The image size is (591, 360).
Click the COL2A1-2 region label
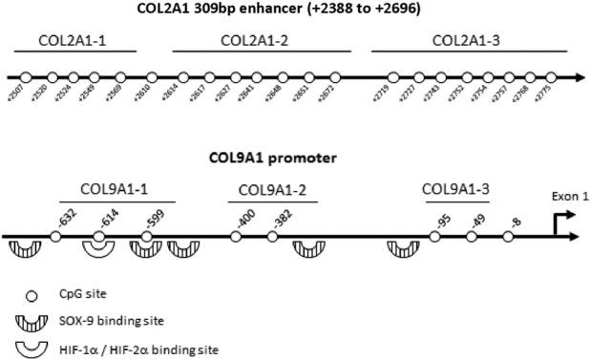(251, 41)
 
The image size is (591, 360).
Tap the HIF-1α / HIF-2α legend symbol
(19, 348)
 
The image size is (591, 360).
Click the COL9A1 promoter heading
(288, 156)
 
